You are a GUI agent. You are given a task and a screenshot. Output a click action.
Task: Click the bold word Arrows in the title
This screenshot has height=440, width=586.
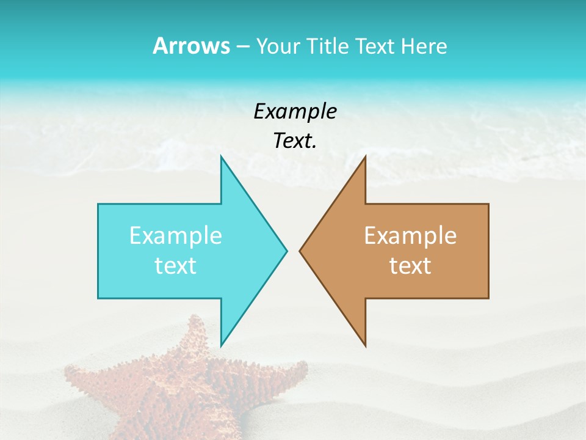pyautogui.click(x=191, y=46)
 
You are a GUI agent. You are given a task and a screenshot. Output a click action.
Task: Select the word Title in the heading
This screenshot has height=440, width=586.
pyautogui.click(x=328, y=46)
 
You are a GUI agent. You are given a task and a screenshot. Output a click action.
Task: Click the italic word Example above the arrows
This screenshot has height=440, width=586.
pyautogui.click(x=295, y=111)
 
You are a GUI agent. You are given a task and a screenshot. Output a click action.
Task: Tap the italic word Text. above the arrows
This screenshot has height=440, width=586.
pyautogui.click(x=295, y=141)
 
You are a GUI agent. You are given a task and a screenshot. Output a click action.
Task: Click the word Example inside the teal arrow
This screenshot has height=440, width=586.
pyautogui.click(x=176, y=236)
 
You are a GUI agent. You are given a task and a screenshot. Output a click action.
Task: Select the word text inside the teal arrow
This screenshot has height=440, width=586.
pyautogui.click(x=176, y=266)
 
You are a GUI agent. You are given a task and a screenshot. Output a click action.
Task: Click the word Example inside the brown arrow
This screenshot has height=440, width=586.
pyautogui.click(x=410, y=236)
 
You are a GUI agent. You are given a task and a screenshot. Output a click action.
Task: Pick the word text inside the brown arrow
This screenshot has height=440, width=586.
pyautogui.click(x=410, y=266)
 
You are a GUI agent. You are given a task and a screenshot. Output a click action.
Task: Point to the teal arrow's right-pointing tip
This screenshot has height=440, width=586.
pyautogui.click(x=286, y=251)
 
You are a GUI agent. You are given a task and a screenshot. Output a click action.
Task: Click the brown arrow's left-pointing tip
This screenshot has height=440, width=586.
pyautogui.click(x=300, y=251)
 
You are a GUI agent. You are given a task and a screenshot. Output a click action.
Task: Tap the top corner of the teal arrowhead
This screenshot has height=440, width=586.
pyautogui.click(x=221, y=157)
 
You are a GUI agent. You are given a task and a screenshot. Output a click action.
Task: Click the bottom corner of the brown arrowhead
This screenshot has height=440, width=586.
pyautogui.click(x=365, y=345)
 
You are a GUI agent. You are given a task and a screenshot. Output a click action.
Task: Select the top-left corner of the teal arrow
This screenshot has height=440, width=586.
pyautogui.click(x=99, y=205)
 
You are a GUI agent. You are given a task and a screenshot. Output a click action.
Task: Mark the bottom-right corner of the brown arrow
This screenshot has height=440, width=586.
pyautogui.click(x=488, y=298)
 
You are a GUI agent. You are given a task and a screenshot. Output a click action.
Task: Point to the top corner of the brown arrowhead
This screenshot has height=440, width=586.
pyautogui.click(x=365, y=157)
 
